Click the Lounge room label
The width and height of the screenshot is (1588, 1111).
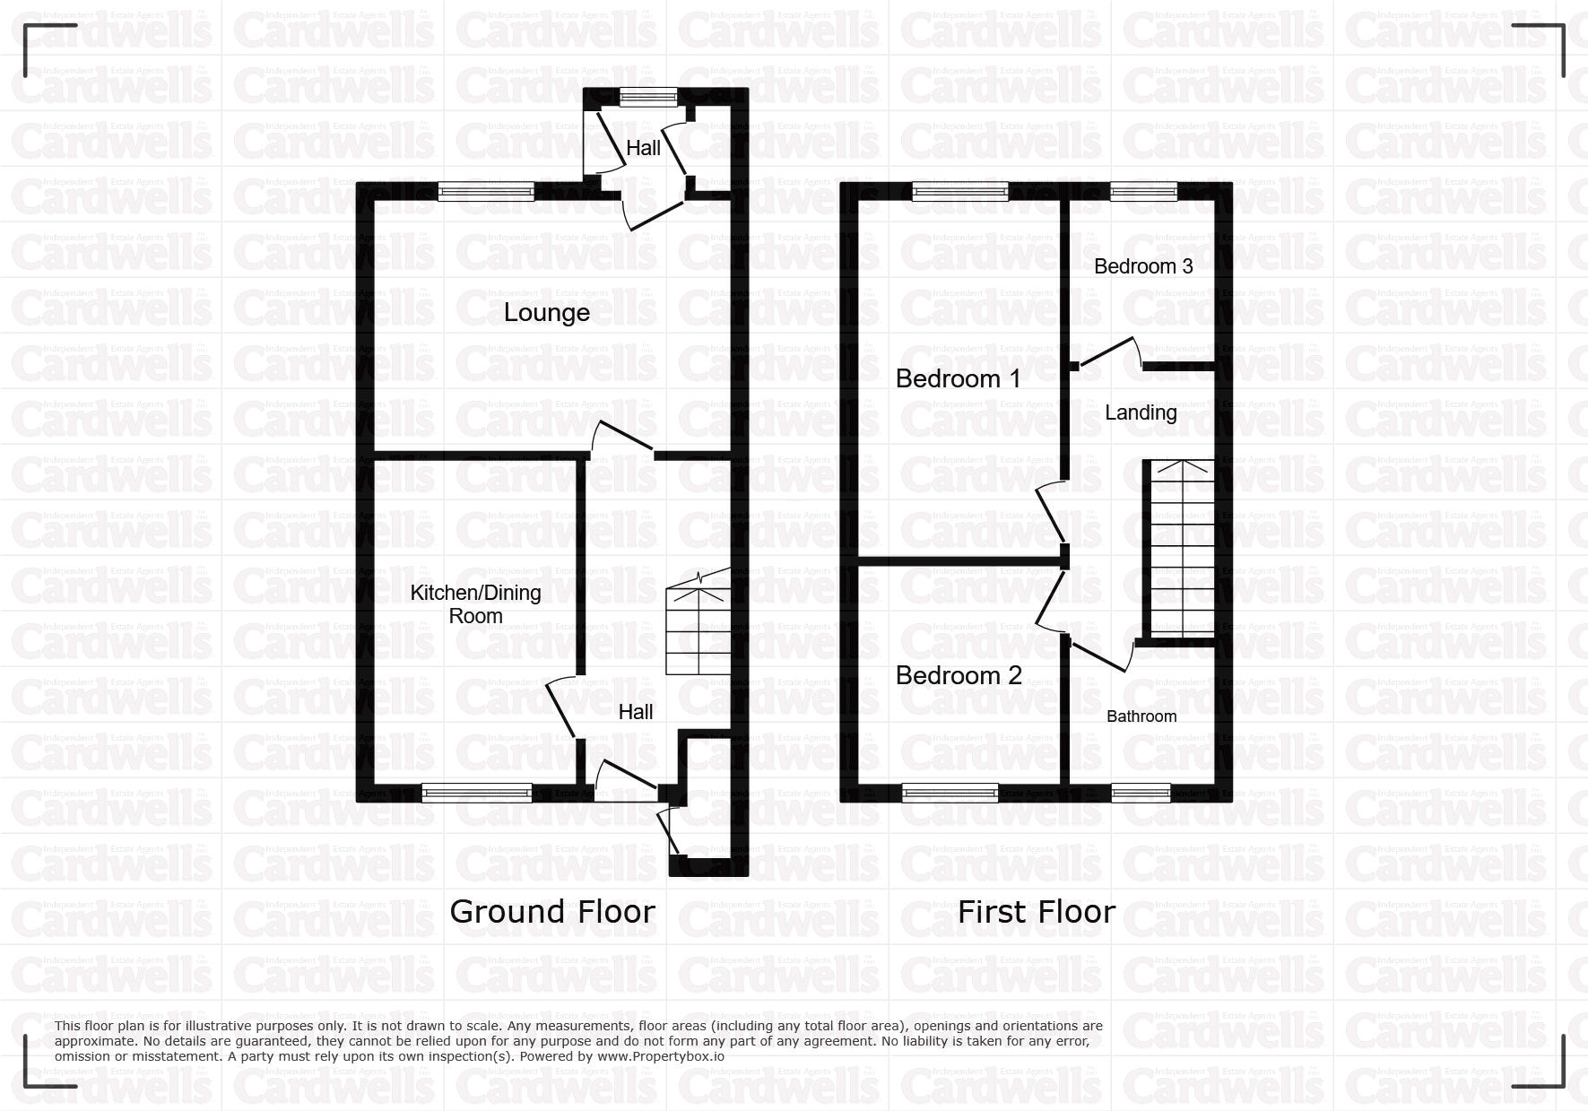click(x=546, y=313)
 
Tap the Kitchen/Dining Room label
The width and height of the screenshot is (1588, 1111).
click(x=475, y=604)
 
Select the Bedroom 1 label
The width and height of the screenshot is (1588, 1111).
click(x=958, y=378)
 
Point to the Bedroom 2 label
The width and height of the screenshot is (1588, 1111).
click(x=959, y=675)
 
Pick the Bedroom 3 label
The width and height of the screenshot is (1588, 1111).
click(x=1143, y=266)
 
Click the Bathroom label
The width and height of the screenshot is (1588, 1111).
click(x=1141, y=716)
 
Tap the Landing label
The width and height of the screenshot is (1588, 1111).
click(x=1141, y=412)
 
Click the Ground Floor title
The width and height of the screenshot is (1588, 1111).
click(x=552, y=911)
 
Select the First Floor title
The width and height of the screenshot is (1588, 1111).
click(x=1037, y=912)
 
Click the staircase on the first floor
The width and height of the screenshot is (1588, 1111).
click(x=1183, y=549)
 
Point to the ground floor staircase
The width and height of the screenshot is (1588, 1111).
click(x=698, y=621)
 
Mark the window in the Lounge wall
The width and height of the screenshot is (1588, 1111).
click(x=486, y=190)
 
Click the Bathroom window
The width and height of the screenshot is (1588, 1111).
click(x=1141, y=792)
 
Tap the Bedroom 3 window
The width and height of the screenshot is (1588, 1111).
click(x=1143, y=190)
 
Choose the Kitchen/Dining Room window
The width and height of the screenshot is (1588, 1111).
click(x=477, y=792)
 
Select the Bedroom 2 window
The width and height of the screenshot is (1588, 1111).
click(x=950, y=792)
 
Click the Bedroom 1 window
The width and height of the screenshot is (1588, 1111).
click(x=960, y=190)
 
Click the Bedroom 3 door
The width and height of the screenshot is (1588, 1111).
click(x=1108, y=353)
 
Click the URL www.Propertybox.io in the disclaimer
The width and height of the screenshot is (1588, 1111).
click(x=661, y=1056)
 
